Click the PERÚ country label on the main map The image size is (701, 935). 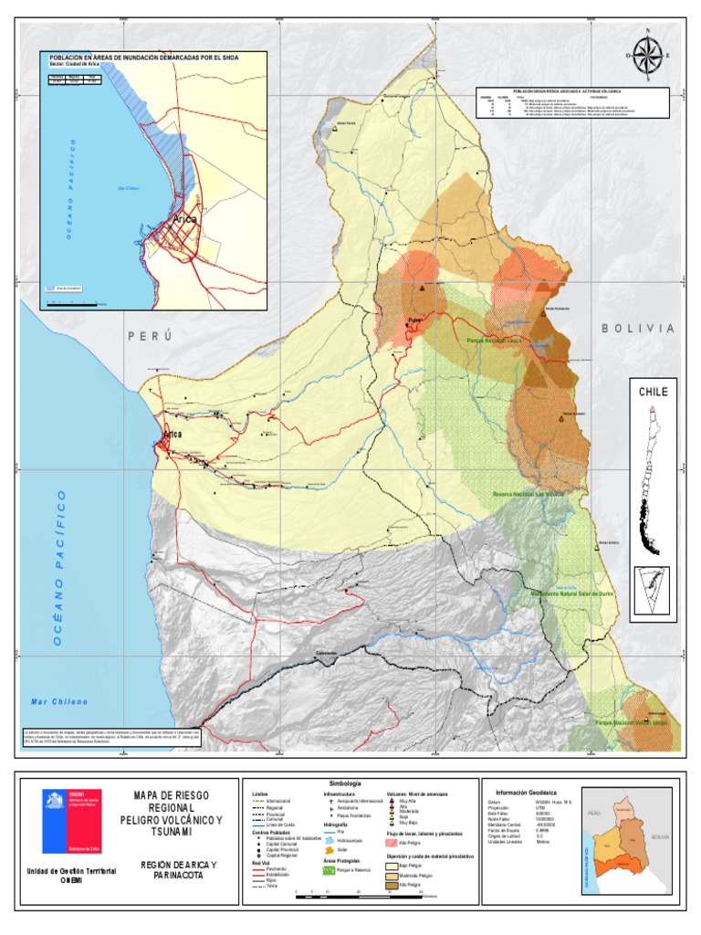click(150, 336)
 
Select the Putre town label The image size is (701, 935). click(416, 320)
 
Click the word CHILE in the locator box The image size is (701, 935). click(652, 392)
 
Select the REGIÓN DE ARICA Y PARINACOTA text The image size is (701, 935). click(178, 869)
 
